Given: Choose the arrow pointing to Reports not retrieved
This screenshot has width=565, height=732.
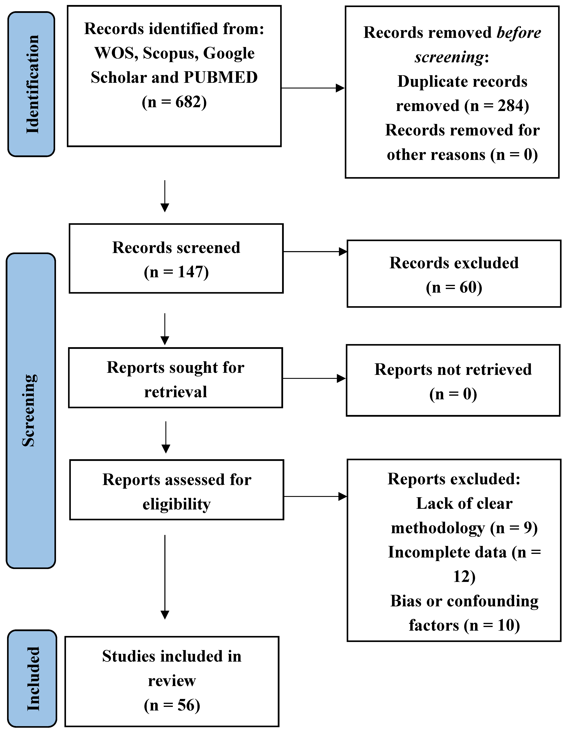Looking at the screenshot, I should click(314, 378).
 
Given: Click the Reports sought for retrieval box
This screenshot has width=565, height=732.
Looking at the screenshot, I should click(175, 378).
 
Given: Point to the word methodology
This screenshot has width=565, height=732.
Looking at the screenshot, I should click(438, 528).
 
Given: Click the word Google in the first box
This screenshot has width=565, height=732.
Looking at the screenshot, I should click(229, 53).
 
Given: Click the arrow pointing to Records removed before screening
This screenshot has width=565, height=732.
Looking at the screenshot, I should click(313, 88).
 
